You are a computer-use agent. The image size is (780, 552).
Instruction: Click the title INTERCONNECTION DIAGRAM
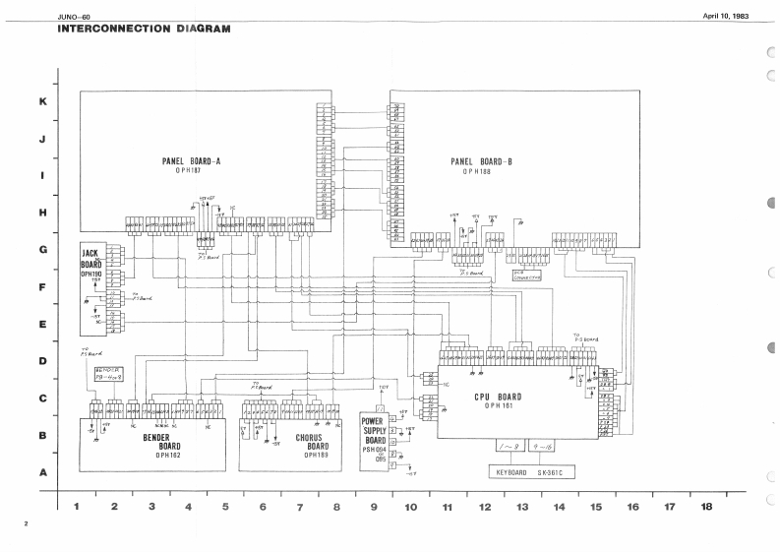click(144, 28)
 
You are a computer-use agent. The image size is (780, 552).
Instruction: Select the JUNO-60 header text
click(75, 14)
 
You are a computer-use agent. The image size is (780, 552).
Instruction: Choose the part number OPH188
click(483, 171)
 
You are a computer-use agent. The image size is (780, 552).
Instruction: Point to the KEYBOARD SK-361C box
click(531, 472)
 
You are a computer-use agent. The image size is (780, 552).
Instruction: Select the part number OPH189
click(316, 455)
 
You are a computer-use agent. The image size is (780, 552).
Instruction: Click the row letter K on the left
click(42, 102)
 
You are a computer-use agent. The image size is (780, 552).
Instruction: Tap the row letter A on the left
click(42, 471)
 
